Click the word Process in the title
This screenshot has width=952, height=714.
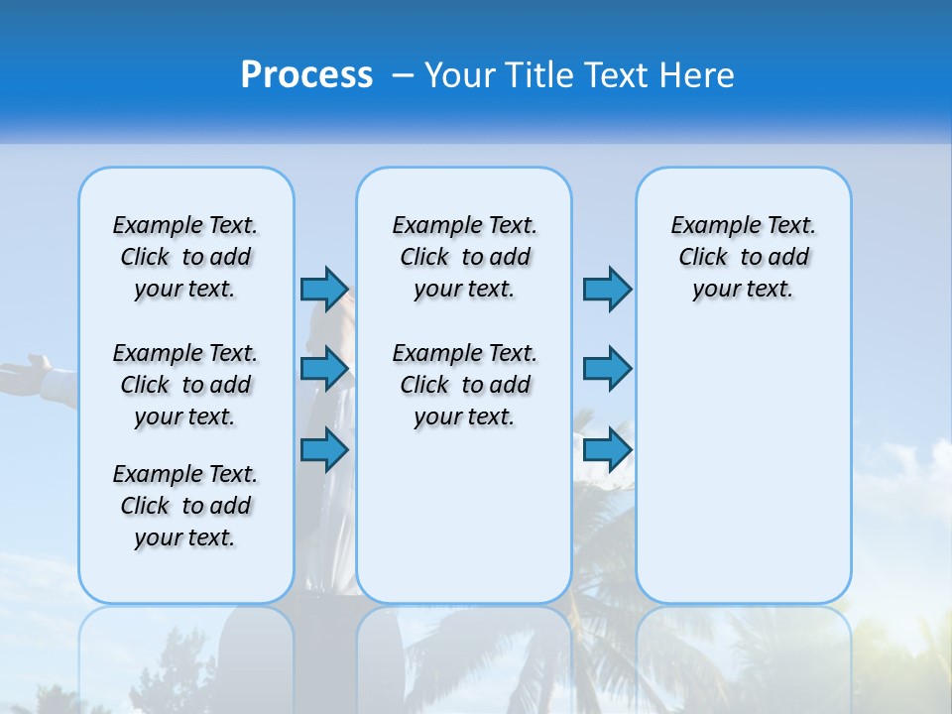pos(306,75)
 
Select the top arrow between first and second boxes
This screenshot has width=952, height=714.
pos(324,289)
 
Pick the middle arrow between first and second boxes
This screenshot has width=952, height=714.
pos(324,369)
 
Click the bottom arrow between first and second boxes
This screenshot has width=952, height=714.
pos(324,449)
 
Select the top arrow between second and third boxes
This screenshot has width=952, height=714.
pos(607,289)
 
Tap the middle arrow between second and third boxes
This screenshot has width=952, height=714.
pos(607,369)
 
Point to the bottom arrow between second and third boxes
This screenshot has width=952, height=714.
pos(607,449)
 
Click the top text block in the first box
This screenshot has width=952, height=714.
pos(185,257)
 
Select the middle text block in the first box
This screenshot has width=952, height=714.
pos(185,385)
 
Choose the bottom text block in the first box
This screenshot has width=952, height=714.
pos(185,506)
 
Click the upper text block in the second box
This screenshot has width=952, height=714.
pos(464,257)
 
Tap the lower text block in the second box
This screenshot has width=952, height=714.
pos(464,385)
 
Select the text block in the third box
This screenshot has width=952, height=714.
pos(744,257)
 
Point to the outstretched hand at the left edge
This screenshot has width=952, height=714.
pos(25,375)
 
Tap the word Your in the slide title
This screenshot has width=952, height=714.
pos(459,75)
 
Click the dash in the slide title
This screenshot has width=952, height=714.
pos(403,75)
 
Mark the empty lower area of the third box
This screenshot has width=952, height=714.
pos(744,466)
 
